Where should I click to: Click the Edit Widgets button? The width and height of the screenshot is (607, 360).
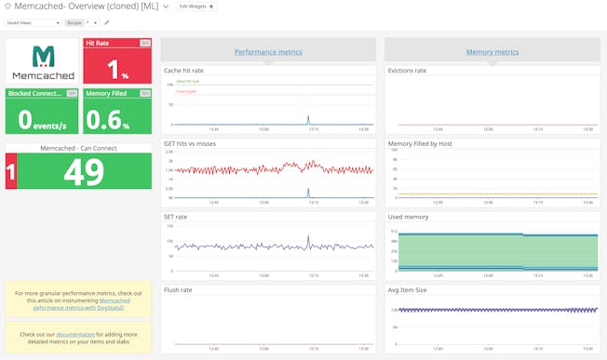(x=196, y=7)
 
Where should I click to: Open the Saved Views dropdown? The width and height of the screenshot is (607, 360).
(x=32, y=22)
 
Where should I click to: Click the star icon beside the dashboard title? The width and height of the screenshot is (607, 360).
(x=7, y=7)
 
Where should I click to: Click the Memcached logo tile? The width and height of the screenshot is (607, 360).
(x=43, y=61)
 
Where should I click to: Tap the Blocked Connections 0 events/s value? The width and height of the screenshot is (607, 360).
(x=43, y=118)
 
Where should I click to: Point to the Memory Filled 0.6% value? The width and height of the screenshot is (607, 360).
(x=117, y=118)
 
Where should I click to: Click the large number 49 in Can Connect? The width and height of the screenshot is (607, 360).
(x=84, y=171)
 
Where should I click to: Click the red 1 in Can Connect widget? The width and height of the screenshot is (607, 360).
(x=11, y=171)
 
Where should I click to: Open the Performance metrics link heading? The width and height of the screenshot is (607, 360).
(x=268, y=52)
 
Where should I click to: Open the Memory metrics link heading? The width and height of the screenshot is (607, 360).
(x=492, y=52)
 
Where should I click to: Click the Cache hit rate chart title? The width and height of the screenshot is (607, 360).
(x=184, y=70)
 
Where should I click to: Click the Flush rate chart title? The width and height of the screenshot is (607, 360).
(x=178, y=289)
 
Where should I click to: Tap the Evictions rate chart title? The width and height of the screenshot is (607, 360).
(x=407, y=70)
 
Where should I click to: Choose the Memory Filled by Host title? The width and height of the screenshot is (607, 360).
(x=421, y=144)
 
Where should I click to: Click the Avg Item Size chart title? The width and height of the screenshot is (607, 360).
(x=407, y=289)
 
